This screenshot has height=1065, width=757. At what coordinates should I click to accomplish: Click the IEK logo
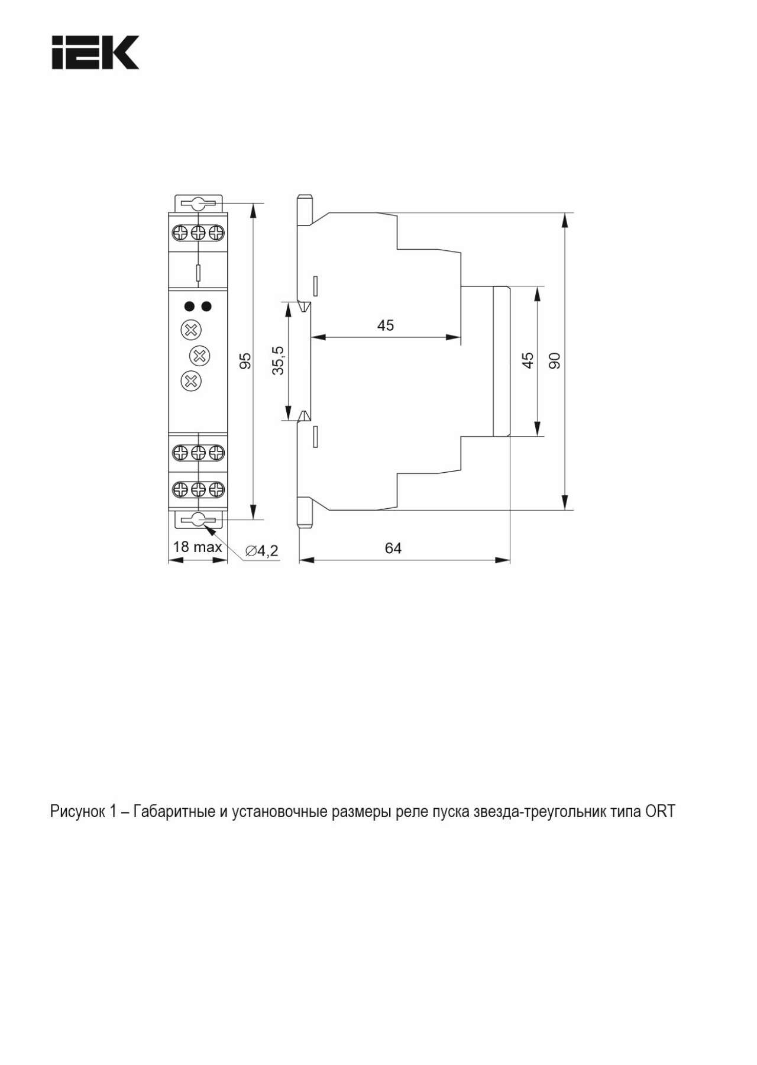95,53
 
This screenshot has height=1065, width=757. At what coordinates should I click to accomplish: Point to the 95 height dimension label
245,361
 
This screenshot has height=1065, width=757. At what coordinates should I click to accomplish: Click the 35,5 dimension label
278,360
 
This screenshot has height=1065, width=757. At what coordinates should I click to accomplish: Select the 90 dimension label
554,360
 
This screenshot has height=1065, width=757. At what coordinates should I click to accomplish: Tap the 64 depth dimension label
393,548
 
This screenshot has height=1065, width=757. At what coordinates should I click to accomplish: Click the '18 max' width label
198,547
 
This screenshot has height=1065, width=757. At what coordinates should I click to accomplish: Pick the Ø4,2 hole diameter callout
261,551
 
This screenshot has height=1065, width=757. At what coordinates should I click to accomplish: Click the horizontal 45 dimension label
386,325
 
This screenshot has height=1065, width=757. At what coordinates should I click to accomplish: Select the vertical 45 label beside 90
528,360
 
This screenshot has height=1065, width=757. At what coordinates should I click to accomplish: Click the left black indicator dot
189,306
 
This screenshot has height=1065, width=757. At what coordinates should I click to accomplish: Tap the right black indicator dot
206,306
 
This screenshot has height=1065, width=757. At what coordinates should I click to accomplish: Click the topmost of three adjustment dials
190,330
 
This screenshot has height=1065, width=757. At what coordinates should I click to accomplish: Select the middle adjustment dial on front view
199,356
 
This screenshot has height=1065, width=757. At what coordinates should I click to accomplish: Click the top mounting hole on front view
198,204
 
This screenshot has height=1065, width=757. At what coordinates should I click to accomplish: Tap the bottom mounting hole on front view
198,520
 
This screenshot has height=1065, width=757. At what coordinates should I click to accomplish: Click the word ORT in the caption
660,811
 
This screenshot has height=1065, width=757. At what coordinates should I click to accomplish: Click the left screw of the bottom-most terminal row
180,489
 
